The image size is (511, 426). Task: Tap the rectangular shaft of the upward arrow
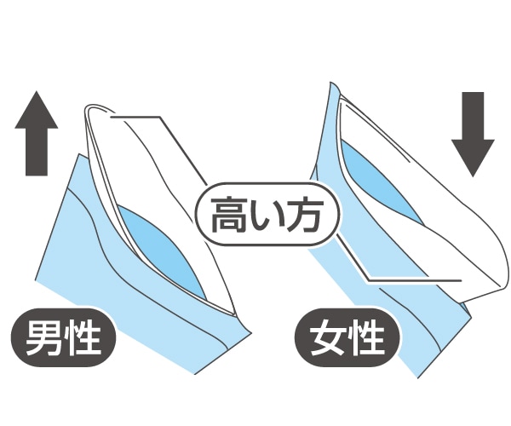pos(37,153)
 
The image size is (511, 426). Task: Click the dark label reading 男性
pos(65,337)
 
